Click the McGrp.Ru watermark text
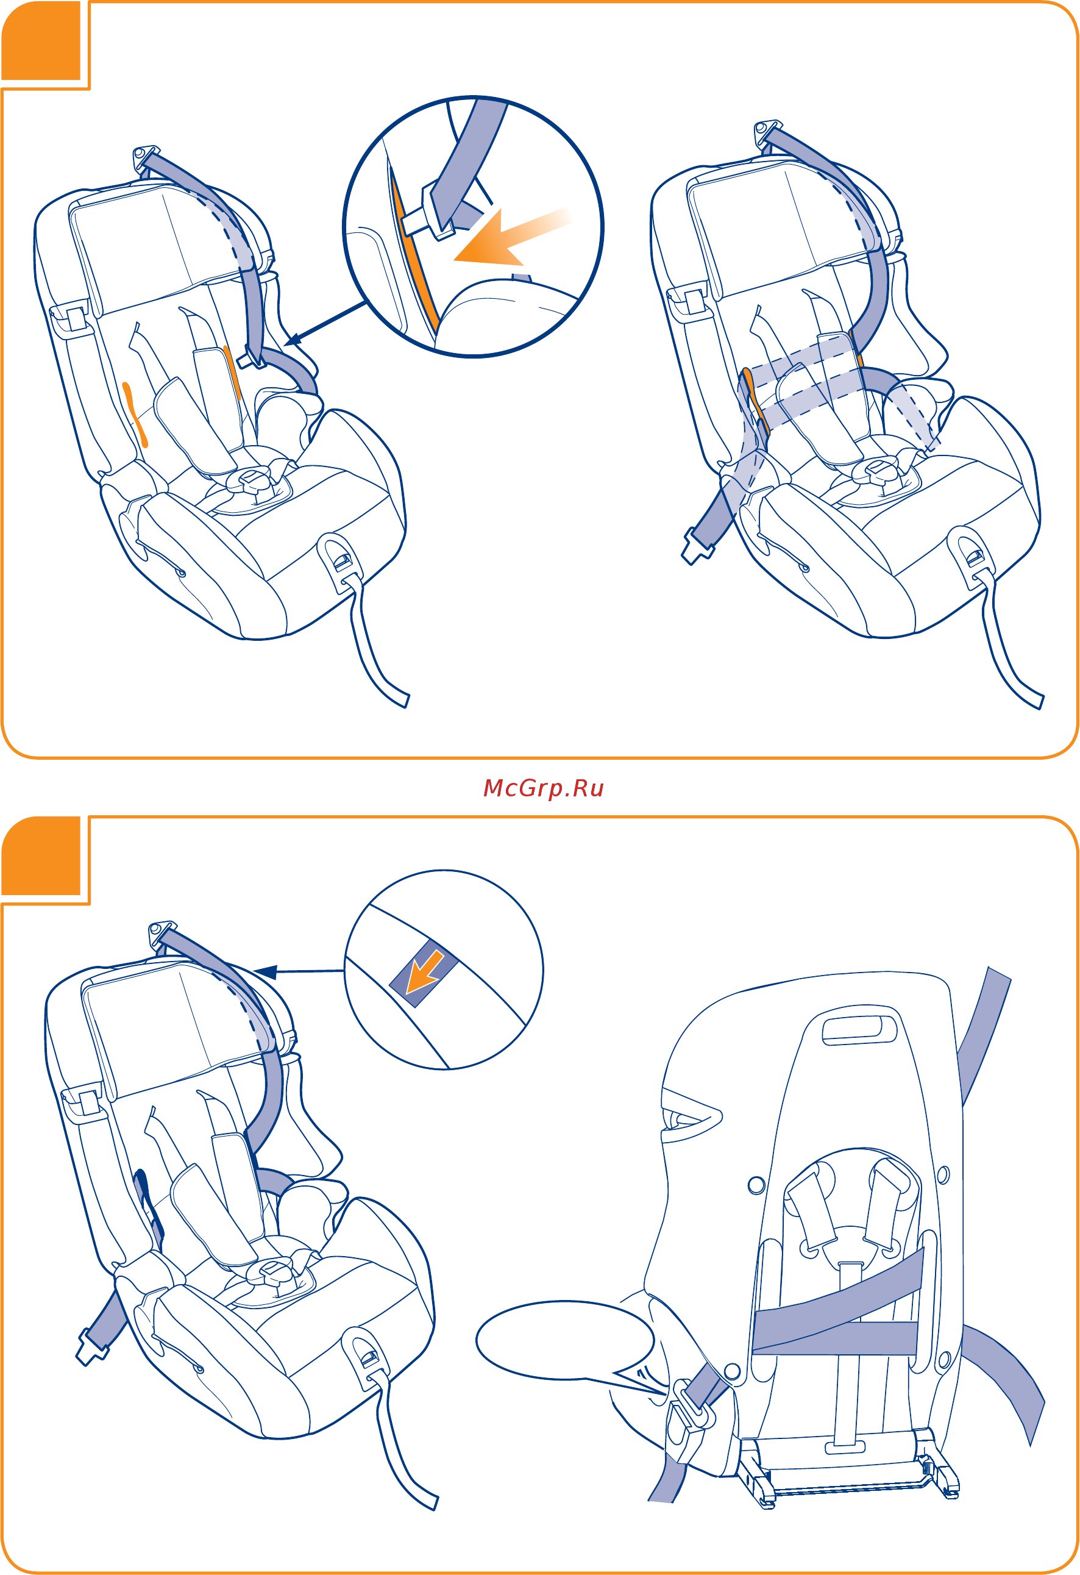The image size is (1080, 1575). pyautogui.click(x=544, y=788)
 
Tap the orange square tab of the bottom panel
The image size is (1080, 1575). pyautogui.click(x=41, y=856)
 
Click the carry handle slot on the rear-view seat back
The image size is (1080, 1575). pyautogui.click(x=858, y=1030)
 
